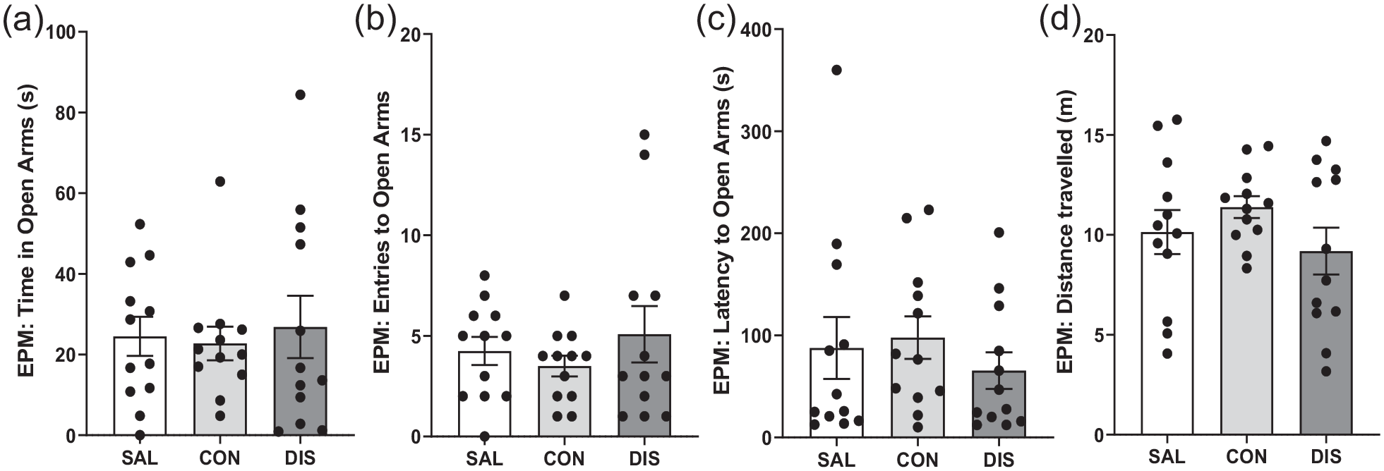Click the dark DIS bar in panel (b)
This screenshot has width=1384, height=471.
tap(644, 385)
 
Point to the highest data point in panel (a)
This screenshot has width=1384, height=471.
tap(300, 94)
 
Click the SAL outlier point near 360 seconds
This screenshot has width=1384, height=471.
tap(837, 70)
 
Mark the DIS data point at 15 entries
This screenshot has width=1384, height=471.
tap(644, 135)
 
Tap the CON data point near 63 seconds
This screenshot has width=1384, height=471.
tap(219, 181)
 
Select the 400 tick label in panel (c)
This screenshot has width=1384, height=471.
tap(756, 30)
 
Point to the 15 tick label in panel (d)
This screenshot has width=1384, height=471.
tap(1093, 135)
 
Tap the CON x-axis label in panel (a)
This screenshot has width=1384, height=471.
tap(219, 458)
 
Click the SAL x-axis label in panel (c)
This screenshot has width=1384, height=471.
tap(837, 460)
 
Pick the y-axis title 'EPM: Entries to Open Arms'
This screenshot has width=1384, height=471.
tap(382, 233)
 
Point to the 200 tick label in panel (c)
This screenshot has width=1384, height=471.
tap(756, 233)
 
